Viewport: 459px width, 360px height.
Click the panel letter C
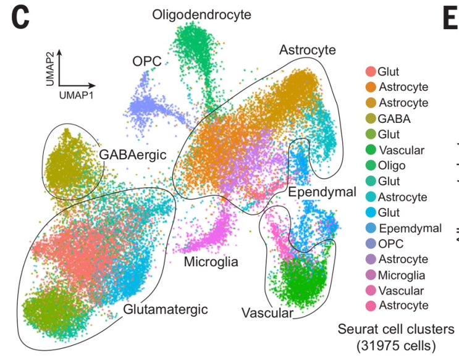pos(20,18)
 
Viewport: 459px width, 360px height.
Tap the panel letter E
pos(451,18)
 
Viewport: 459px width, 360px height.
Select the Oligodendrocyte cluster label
pos(201,15)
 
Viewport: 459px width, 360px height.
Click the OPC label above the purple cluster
pos(146,62)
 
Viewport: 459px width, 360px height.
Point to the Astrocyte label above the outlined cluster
pos(308,50)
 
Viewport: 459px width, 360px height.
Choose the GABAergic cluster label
pos(133,155)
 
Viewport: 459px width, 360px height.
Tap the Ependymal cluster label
pos(322,192)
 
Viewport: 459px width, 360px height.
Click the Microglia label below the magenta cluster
pos(211,262)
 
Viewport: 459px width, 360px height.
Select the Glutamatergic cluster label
pos(166,309)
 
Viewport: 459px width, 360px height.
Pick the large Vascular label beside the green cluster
pos(267,313)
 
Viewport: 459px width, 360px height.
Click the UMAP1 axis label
pos(76,96)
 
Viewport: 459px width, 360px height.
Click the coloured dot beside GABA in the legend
pos(371,119)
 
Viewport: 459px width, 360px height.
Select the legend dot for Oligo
pos(371,165)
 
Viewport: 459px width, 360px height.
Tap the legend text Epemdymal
pos(410,228)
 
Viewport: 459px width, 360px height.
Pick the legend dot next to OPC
pos(371,243)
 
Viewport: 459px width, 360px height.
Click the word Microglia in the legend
pos(402,275)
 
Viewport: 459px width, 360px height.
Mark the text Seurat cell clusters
pos(396,329)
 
